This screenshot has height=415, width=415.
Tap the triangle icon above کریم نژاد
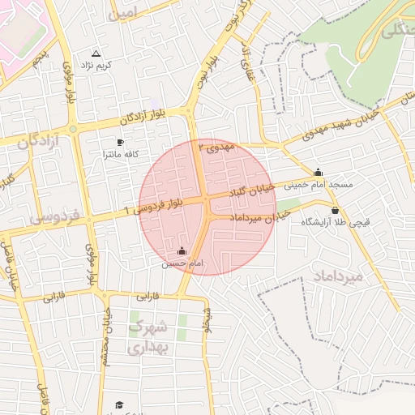96,53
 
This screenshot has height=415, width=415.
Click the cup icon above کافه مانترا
121,142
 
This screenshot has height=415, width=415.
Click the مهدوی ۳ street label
220,148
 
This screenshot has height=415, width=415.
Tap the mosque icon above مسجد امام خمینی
319,172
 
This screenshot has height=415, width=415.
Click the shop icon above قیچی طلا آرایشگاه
335,211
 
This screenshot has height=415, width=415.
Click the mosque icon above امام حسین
181,251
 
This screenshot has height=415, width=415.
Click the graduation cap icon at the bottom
120,404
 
